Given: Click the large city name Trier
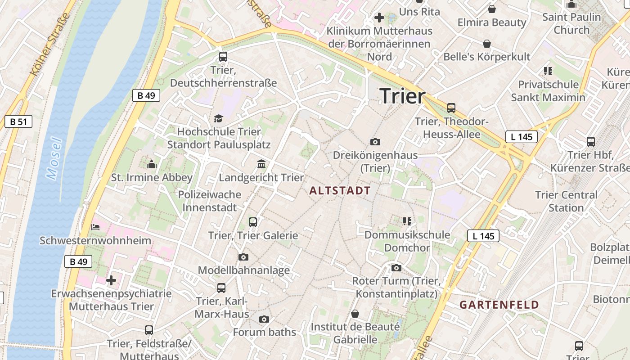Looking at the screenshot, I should point(402,96).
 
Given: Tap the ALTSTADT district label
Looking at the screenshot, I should point(340,191).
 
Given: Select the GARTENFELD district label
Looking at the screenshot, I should point(499,305).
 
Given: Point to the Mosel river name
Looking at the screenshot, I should point(54,158).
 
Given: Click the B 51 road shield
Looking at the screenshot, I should point(18,121).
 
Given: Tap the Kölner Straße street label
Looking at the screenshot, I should point(50,44).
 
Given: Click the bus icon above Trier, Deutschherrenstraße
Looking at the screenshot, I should point(223,57).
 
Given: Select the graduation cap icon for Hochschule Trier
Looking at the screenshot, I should point(219,118).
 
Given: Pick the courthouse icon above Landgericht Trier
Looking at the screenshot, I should point(261,164).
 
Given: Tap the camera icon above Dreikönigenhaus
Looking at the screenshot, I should point(375,142).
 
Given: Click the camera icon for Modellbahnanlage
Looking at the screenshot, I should point(243,257).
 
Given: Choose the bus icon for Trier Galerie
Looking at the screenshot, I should point(253,222).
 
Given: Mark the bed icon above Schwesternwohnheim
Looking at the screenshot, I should point(95,227).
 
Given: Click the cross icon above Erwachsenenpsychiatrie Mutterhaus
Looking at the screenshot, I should point(111,281).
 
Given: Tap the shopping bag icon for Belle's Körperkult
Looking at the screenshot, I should point(487,44).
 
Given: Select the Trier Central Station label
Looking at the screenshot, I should point(566,201).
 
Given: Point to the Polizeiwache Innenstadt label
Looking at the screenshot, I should point(210,201).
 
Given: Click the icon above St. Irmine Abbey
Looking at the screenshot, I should point(152,164).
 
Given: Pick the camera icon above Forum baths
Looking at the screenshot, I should point(264,319).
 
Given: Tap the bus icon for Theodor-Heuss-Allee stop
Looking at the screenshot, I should point(451,108).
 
